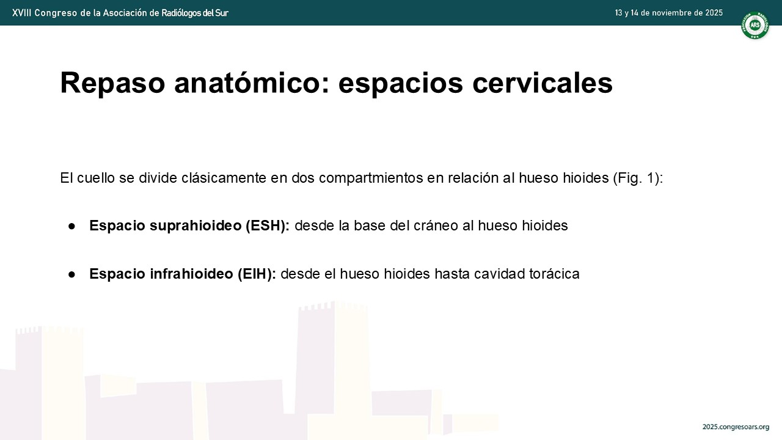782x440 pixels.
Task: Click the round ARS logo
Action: coord(755,25)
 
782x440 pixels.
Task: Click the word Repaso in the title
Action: coord(112,84)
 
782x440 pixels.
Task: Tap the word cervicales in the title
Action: coord(543,82)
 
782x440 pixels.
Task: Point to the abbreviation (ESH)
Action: coord(268,226)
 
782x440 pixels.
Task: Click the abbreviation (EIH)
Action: coord(257,274)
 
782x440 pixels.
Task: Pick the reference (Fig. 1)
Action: coord(638,178)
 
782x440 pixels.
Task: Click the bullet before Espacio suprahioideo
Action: coord(72,226)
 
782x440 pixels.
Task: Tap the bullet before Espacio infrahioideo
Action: coord(72,274)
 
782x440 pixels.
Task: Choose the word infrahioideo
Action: coord(192,274)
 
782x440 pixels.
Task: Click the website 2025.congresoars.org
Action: coord(736,427)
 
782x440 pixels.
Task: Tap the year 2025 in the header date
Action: coord(714,13)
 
